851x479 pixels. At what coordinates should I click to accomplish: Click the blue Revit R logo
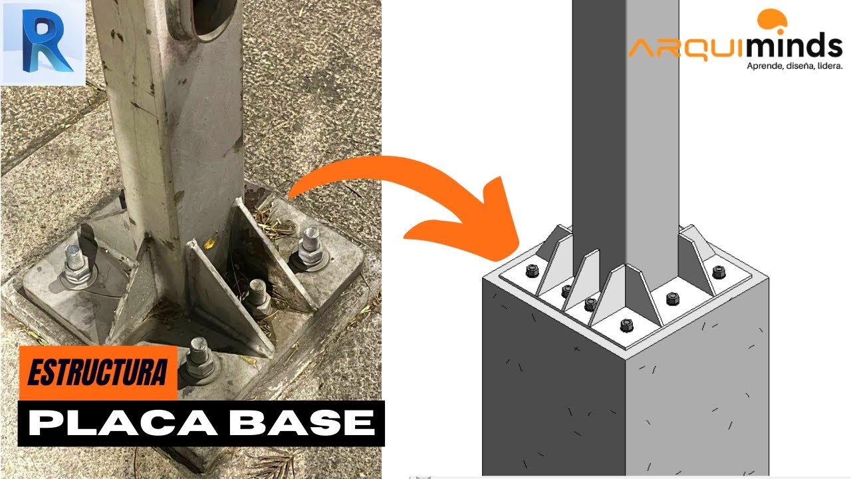(43, 43)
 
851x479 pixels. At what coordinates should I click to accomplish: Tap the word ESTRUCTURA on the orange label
(97, 373)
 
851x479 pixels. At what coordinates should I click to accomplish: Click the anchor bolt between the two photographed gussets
(257, 296)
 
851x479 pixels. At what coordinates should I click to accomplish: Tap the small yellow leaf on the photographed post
(209, 243)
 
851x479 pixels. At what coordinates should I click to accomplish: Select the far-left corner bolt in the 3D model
(532, 270)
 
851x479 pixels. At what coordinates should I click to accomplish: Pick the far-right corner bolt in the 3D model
(719, 271)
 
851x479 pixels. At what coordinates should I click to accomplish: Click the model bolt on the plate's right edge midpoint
(673, 298)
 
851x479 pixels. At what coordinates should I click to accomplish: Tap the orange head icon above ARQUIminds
(772, 21)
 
